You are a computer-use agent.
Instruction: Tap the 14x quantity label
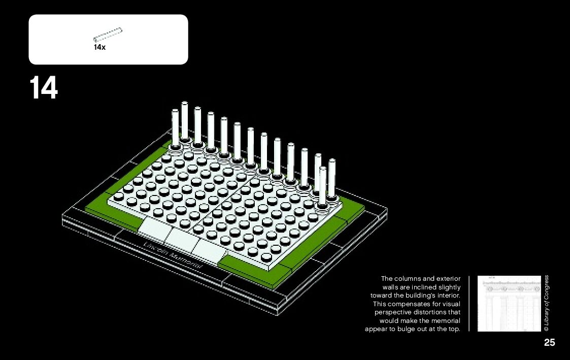tap(99, 47)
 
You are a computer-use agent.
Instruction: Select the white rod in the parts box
tap(108, 35)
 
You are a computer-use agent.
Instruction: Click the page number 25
tap(549, 343)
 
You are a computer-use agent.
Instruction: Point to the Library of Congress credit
tap(547, 304)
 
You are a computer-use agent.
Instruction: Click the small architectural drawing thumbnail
tap(509, 304)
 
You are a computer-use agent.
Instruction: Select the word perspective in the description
tap(391, 312)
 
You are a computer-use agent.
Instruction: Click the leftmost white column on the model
tap(175, 127)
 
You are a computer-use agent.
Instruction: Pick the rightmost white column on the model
tap(332, 178)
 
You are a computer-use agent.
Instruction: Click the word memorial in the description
tap(446, 321)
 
